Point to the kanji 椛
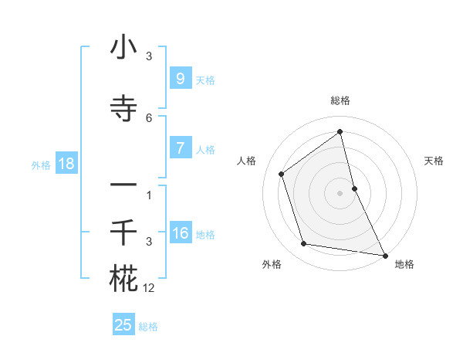click(123, 279)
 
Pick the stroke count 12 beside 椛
click(149, 288)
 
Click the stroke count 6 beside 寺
click(149, 118)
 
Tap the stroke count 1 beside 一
click(149, 195)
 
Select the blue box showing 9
click(180, 79)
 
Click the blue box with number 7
click(180, 148)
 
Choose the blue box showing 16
click(180, 233)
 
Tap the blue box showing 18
click(66, 164)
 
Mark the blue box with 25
click(123, 325)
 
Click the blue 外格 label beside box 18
click(41, 165)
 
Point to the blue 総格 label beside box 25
click(148, 327)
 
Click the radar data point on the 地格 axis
click(384, 255)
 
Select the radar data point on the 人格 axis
click(282, 174)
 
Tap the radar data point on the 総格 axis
click(340, 132)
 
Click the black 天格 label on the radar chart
click(434, 161)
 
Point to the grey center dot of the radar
click(340, 192)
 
